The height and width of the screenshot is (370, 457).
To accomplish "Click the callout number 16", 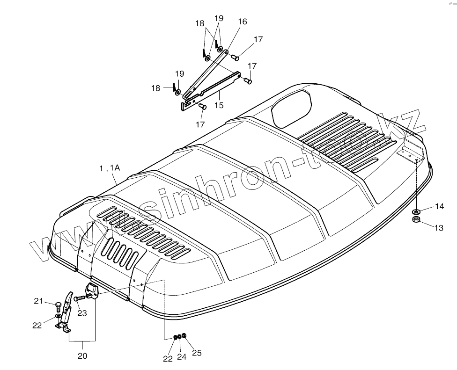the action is (x=242, y=22).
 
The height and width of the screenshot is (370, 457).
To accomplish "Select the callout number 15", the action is (x=219, y=105).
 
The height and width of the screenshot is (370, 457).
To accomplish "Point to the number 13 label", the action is (x=439, y=228).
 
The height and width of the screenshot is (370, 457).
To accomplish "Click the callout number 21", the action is (x=38, y=301).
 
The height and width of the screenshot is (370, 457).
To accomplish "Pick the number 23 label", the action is (x=82, y=313).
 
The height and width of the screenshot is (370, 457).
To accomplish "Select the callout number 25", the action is (x=197, y=353).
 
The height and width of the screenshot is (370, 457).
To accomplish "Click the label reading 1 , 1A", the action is (x=110, y=168).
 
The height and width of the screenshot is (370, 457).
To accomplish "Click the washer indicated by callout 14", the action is (x=416, y=212).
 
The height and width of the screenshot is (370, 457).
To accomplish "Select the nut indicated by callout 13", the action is (x=416, y=219).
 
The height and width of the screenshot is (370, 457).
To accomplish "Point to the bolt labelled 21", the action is (x=58, y=306).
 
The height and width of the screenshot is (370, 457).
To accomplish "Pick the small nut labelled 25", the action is (x=184, y=336).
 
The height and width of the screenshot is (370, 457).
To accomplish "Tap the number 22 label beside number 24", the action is (x=167, y=358).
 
